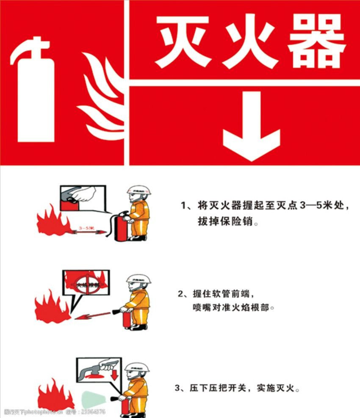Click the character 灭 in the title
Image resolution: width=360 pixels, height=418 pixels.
click(183, 42)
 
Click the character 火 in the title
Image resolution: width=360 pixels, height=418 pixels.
click(251, 42)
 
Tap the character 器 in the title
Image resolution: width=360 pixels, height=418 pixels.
click(317, 42)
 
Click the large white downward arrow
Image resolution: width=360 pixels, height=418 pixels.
click(252, 127)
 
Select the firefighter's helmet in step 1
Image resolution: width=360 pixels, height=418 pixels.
click(139, 191)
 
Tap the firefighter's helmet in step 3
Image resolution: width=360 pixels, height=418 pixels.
click(138, 367)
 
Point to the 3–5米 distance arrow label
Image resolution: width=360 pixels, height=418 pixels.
click(86, 229)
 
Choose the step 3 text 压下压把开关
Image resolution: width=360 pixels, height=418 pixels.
click(216, 388)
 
